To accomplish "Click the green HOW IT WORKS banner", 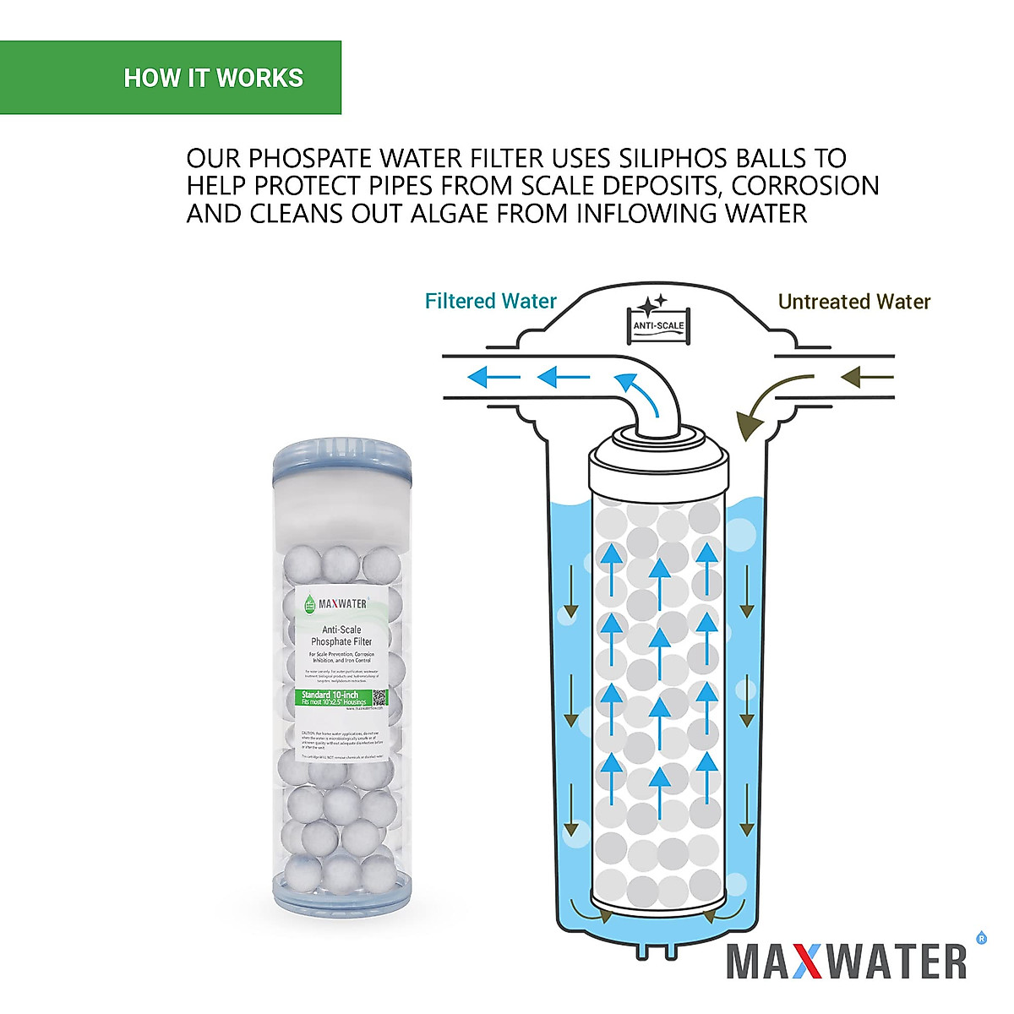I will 171,78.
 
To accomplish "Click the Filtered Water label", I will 490,302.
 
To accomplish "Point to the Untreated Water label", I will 853,303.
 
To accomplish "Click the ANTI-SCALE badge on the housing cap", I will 659,326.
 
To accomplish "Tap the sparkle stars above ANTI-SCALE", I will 651,304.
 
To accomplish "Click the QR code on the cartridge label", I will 379,698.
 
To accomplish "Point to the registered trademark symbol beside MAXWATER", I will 981,937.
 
